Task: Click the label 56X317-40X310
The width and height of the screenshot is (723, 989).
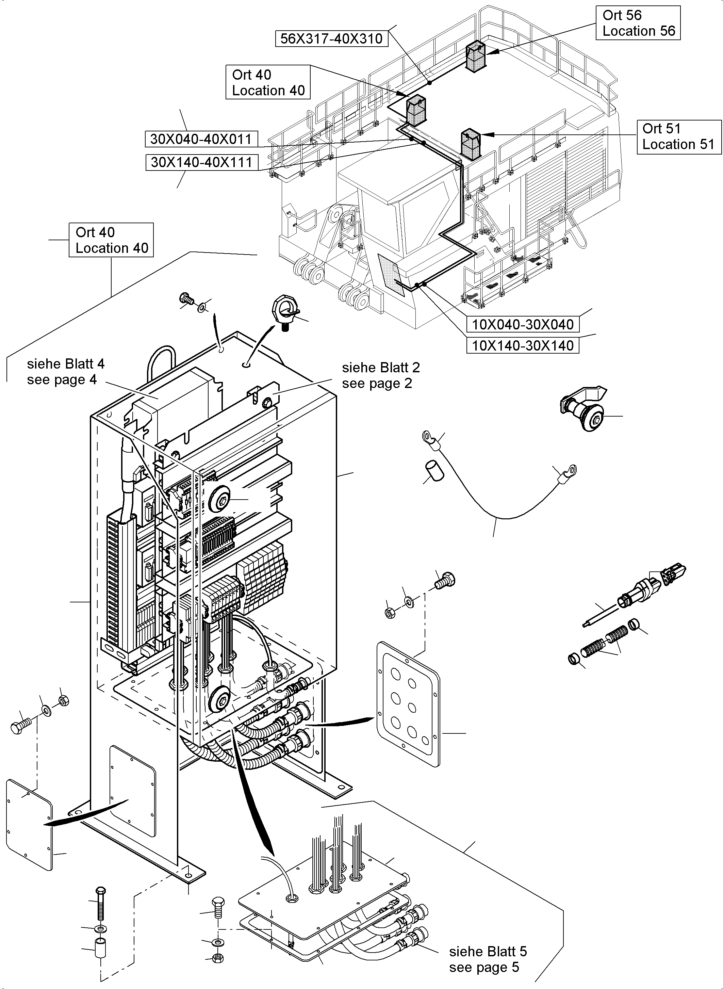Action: pyautogui.click(x=331, y=38)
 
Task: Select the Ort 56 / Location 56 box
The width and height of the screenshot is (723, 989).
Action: pyautogui.click(x=638, y=23)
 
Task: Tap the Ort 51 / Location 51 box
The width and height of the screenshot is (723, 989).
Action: pyautogui.click(x=678, y=136)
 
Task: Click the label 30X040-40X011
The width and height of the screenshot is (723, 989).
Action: pyautogui.click(x=201, y=139)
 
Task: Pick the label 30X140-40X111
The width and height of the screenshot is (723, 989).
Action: pyautogui.click(x=202, y=162)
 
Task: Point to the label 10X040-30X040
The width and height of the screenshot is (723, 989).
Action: pyautogui.click(x=523, y=324)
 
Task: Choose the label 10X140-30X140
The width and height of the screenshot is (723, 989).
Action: pyautogui.click(x=523, y=345)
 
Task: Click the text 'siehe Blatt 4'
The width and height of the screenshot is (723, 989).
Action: pyautogui.click(x=66, y=364)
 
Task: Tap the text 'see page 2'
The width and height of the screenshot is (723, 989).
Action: pyautogui.click(x=377, y=384)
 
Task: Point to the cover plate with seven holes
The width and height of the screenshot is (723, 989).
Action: pyautogui.click(x=408, y=704)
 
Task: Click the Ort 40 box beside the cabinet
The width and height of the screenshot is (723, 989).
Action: pyautogui.click(x=111, y=240)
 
